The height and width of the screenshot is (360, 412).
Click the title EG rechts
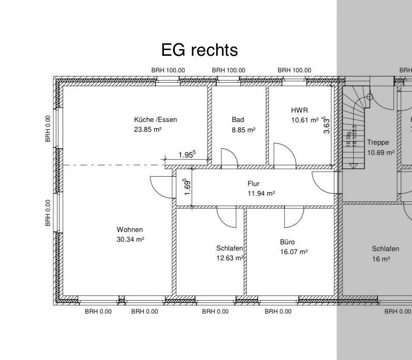200,50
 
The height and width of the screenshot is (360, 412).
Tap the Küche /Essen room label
155,120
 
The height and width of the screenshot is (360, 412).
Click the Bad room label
238,120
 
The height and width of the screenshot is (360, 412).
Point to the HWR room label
299,110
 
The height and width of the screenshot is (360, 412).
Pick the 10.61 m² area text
305,120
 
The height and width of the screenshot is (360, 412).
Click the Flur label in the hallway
253,183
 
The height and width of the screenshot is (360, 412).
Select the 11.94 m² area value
262,194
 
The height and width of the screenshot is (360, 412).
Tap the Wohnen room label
130,229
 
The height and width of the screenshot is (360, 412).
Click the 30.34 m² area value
130,239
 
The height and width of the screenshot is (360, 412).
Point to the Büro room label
287,242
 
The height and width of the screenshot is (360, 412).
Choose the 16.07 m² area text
294,252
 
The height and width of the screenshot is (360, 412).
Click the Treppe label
378,142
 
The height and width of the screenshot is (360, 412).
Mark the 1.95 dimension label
187,154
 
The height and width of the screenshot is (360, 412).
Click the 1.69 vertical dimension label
188,187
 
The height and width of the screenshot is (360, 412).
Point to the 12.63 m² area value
230,258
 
